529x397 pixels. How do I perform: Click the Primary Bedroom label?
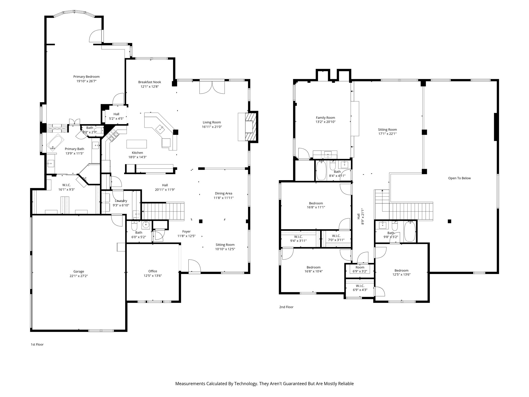pos(86,77)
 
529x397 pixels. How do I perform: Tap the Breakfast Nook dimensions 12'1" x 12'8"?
pos(150,87)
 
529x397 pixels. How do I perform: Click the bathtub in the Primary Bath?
pos(55,142)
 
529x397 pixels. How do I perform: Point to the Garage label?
pos(79,271)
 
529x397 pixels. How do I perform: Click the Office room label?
pos(153,271)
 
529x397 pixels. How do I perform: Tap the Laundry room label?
pos(121,201)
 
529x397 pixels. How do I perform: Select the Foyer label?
pos(186,232)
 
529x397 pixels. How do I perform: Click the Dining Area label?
pos(223,193)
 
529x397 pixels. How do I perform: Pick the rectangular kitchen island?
pos(137,144)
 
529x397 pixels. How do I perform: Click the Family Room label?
pos(325,118)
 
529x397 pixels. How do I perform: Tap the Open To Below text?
pos(459,178)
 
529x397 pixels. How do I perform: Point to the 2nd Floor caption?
pos(286,307)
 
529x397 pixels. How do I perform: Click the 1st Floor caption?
pos(37,345)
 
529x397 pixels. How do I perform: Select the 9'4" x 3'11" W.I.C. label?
pos(298,239)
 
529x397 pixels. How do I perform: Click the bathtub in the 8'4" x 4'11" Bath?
pos(321,170)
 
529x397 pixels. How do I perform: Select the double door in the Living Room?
pos(212,87)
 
